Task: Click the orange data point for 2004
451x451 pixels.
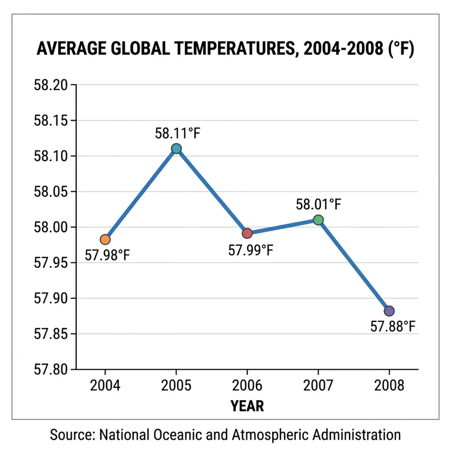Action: tap(105, 240)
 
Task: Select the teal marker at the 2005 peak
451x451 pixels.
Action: tap(176, 148)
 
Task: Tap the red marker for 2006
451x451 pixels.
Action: tap(247, 233)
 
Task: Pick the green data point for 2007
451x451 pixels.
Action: tap(318, 220)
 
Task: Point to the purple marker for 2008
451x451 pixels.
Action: tap(389, 311)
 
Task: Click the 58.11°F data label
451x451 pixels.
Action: tap(178, 134)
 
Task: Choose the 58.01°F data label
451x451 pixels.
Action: tap(319, 204)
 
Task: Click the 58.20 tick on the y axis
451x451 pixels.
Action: tap(52, 85)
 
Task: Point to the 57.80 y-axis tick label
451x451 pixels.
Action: tap(52, 370)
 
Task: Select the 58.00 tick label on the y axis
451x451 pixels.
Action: tap(52, 228)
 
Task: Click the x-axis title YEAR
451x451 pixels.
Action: tap(247, 405)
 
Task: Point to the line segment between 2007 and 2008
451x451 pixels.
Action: tap(353, 266)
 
